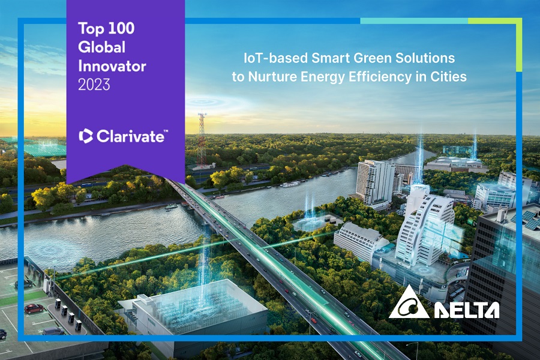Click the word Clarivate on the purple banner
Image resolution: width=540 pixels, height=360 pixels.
coord(131,136)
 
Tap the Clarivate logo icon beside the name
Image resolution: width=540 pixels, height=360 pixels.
coord(86,136)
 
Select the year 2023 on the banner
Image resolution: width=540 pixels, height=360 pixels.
coord(94,85)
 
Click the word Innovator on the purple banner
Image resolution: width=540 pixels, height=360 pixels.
coord(112,66)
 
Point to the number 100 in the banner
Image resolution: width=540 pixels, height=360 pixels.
coord(120,28)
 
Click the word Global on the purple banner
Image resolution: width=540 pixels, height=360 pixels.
coord(101,47)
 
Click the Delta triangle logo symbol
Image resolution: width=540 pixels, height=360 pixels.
coord(409,302)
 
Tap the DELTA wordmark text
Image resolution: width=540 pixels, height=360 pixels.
coord(466,310)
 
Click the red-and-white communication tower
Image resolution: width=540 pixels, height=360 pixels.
coord(202,140)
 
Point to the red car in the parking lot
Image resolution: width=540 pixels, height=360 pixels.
coord(34,308)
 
